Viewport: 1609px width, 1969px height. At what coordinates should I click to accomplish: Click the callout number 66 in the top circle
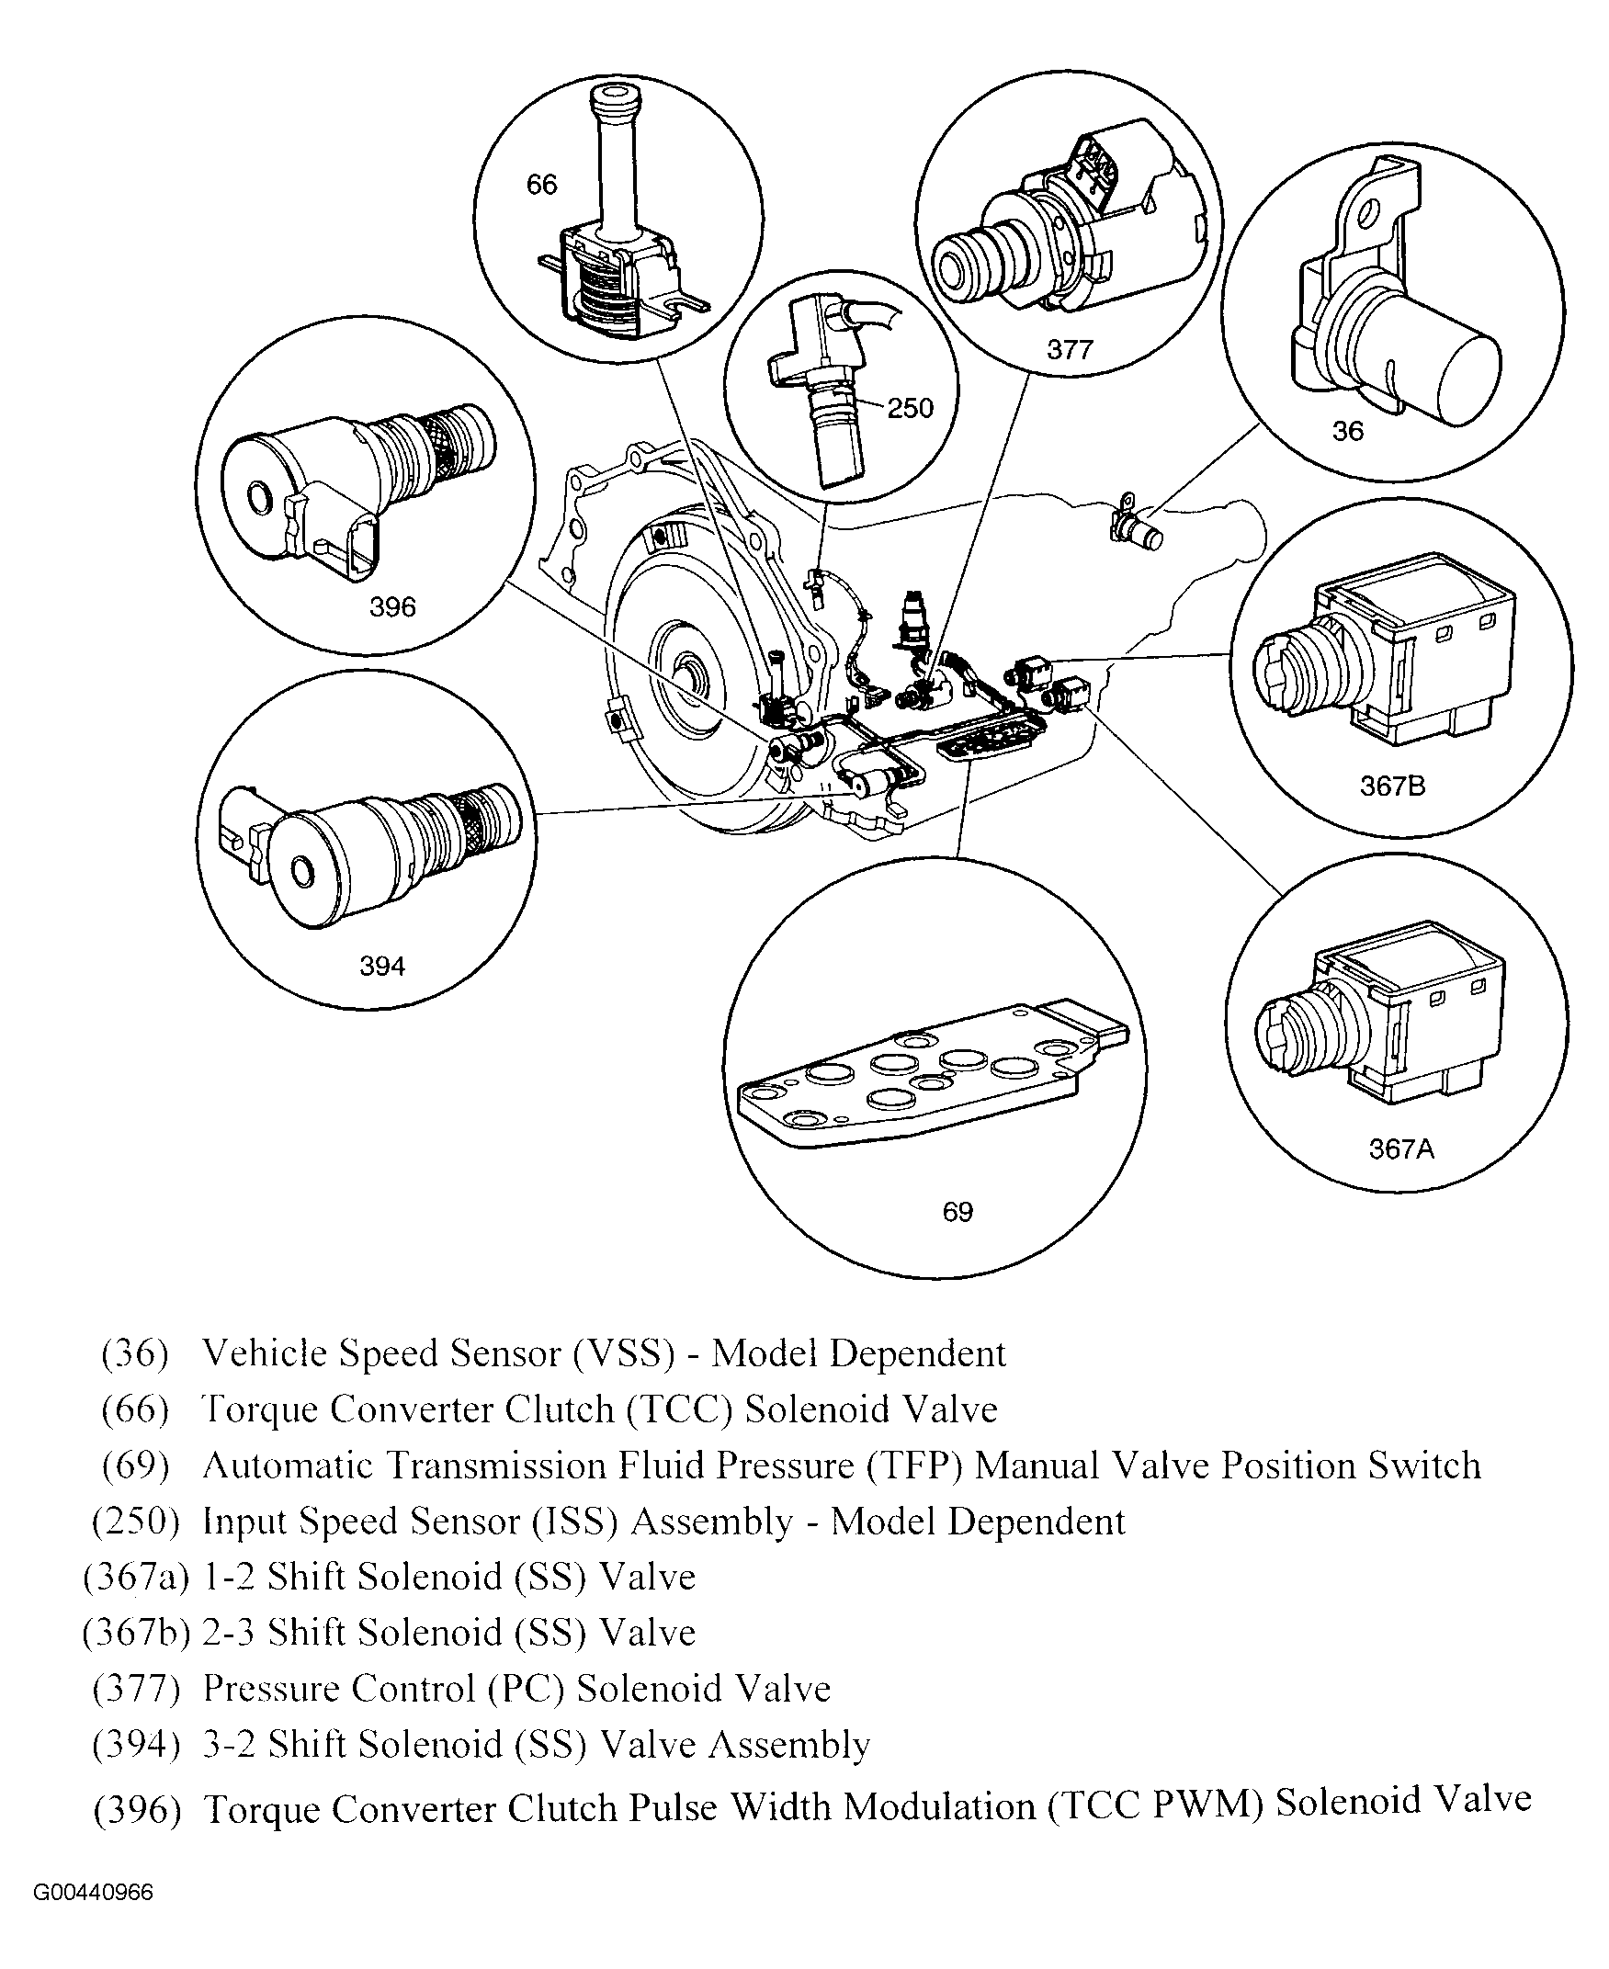[541, 186]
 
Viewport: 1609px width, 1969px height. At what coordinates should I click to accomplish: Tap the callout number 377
[1070, 349]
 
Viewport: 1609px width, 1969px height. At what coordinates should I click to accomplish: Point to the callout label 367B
[1391, 786]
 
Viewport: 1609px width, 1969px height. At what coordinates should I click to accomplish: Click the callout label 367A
[1400, 1149]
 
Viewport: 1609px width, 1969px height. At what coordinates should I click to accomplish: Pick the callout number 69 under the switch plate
[957, 1212]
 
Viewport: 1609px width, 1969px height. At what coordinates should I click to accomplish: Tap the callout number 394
[382, 967]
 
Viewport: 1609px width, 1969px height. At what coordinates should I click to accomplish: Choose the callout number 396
[392, 607]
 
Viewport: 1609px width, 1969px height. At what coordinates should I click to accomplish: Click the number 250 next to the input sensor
[910, 408]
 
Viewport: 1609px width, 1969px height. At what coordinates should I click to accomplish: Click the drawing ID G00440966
[94, 1892]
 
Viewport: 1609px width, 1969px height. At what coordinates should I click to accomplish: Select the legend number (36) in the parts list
[135, 1353]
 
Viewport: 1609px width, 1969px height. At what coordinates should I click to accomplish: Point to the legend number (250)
[135, 1522]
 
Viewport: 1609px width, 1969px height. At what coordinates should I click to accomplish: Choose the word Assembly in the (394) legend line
[788, 1745]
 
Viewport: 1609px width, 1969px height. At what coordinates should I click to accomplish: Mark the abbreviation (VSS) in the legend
[623, 1353]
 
